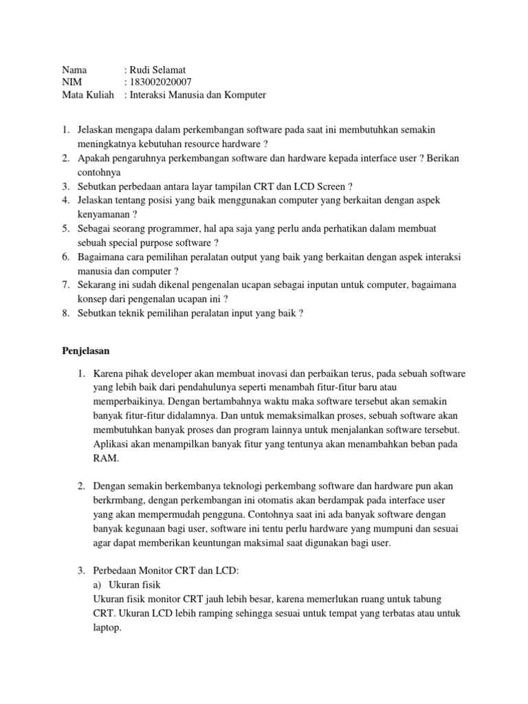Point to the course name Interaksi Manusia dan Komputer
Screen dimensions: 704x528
click(197, 96)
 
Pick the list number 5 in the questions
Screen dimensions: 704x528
click(66, 228)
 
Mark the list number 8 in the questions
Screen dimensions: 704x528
click(66, 313)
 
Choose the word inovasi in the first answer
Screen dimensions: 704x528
click(252, 373)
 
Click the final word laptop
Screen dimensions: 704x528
click(107, 627)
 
